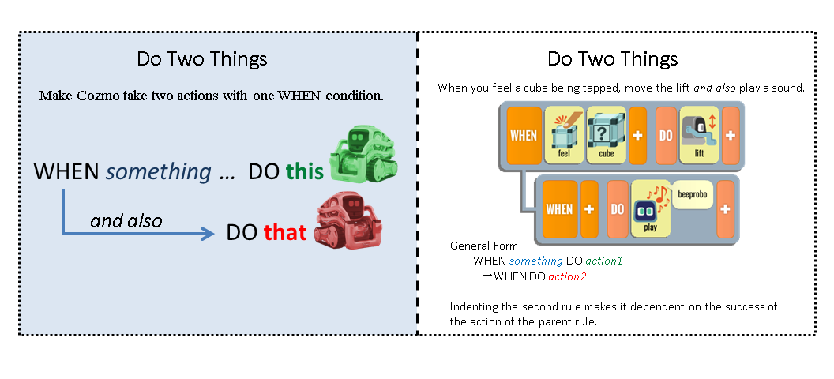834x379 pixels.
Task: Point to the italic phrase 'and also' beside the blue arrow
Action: click(x=126, y=221)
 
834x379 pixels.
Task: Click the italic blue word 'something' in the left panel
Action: click(x=159, y=171)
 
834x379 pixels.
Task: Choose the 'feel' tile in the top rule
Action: click(x=563, y=135)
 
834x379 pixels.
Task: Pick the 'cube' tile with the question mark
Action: click(x=606, y=135)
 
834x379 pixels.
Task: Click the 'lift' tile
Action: click(x=699, y=135)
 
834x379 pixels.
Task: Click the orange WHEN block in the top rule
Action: click(x=524, y=135)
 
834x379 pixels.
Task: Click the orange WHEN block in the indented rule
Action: click(x=559, y=209)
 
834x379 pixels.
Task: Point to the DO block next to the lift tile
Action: click(x=665, y=135)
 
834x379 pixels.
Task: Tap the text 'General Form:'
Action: click(x=481, y=246)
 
